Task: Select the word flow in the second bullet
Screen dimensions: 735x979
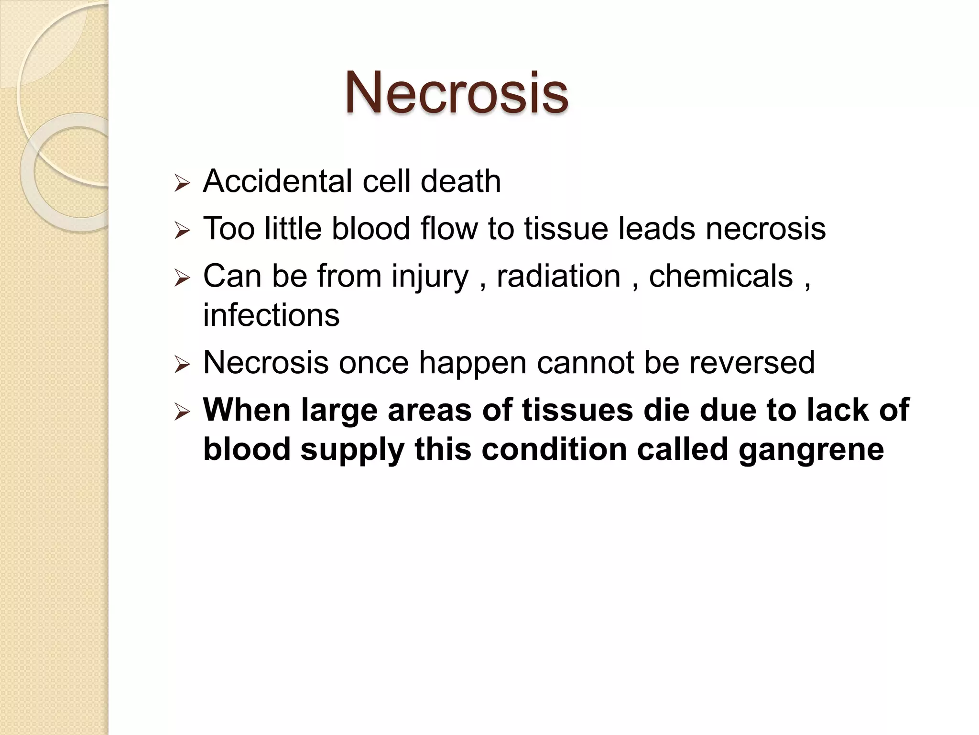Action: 449,228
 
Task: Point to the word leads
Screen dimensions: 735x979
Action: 657,228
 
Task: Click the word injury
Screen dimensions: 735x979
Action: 430,277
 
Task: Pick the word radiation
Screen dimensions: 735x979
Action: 558,276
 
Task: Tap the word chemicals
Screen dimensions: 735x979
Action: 721,276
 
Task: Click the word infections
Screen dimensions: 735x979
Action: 271,315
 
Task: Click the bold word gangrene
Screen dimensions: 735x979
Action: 811,449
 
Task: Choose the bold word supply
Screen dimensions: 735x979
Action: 352,450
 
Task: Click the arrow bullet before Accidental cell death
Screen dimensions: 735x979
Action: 182,183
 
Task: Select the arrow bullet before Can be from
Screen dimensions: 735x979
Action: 182,278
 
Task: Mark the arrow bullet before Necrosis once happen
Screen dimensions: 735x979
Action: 182,364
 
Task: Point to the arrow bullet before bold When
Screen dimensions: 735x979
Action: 182,412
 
